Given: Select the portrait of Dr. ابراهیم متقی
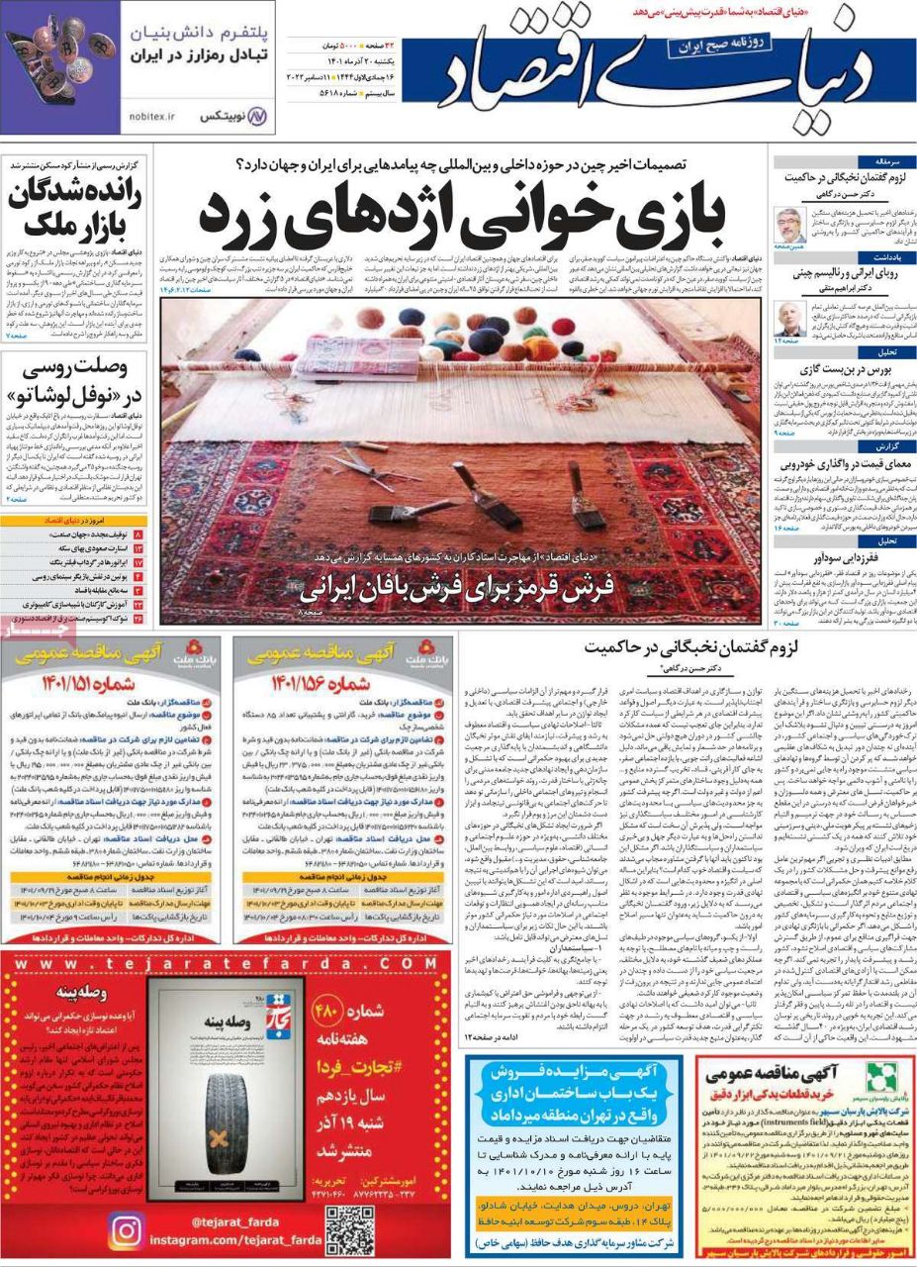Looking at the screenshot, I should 791,318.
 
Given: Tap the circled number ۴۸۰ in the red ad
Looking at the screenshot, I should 327,1012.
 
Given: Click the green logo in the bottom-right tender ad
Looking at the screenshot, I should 879,1078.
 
